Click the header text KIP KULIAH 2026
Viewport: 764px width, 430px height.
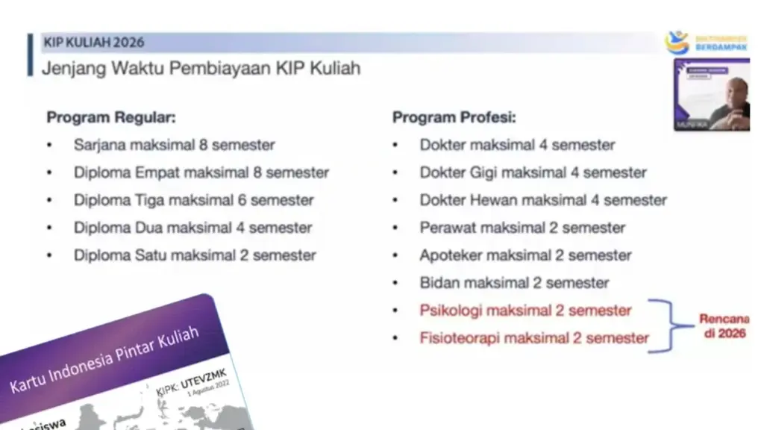pyautogui.click(x=94, y=42)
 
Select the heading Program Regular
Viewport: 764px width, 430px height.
pyautogui.click(x=111, y=117)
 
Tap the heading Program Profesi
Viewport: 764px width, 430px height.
pyautogui.click(x=454, y=117)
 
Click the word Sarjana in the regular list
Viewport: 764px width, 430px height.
pyautogui.click(x=99, y=145)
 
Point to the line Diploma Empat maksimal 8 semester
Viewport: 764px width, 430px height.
pyautogui.click(x=201, y=172)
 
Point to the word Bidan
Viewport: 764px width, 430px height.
pyautogui.click(x=439, y=283)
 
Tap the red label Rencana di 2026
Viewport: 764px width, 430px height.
pyautogui.click(x=723, y=326)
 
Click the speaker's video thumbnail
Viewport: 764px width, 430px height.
pyautogui.click(x=711, y=95)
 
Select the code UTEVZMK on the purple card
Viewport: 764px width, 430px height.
pyautogui.click(x=206, y=378)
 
